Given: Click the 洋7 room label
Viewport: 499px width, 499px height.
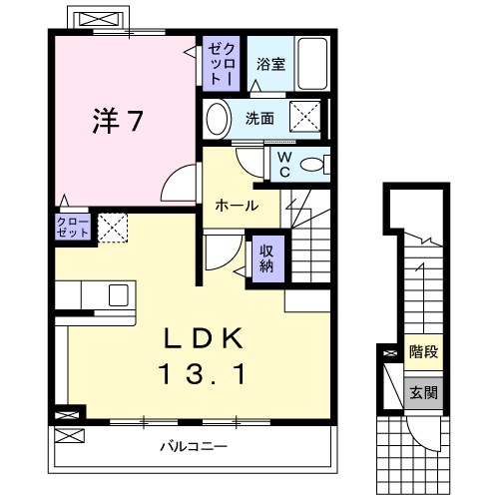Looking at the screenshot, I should (118, 122).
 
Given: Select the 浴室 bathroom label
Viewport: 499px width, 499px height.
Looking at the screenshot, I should (270, 65).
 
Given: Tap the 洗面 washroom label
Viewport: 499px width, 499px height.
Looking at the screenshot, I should (260, 119).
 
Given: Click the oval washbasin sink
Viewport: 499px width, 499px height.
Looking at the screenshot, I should (218, 119).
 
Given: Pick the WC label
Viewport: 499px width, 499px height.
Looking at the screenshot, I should (283, 162).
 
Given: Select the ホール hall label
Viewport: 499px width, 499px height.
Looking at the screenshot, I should (238, 206).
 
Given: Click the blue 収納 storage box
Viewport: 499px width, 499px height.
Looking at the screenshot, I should (266, 257).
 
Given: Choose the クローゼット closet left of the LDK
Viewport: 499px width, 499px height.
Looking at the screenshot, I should (73, 226).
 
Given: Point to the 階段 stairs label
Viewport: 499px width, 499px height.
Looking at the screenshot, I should (423, 352).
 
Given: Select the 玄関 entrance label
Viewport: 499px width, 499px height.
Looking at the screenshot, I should (423, 391).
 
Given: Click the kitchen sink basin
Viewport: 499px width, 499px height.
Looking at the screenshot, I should (118, 294).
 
